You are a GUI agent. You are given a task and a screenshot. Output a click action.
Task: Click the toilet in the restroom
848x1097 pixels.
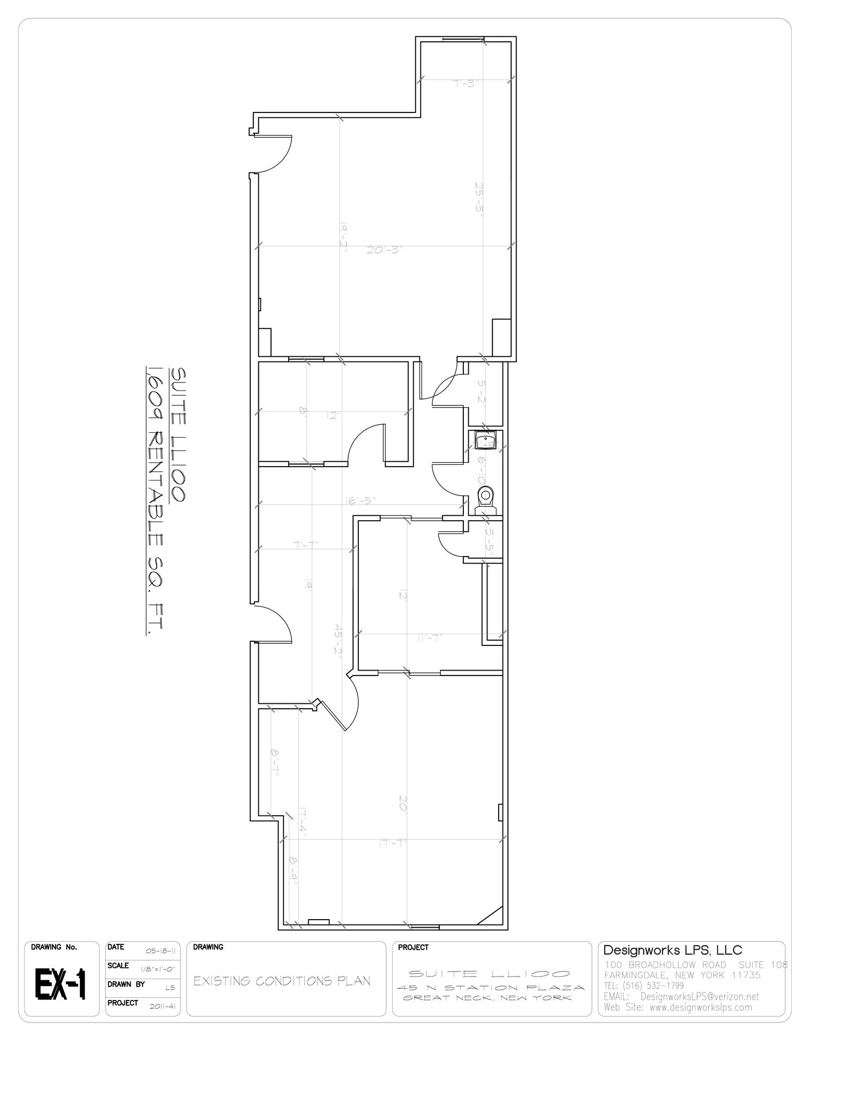(x=486, y=497)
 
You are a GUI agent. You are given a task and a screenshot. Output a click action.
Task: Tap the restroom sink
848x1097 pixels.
(x=486, y=441)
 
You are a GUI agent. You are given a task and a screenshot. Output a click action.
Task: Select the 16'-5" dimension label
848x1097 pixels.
(x=361, y=500)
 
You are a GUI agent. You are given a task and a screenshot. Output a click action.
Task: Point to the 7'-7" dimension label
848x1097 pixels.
(x=306, y=544)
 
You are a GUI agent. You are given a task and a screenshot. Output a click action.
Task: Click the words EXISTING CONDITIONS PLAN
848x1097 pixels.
(x=282, y=981)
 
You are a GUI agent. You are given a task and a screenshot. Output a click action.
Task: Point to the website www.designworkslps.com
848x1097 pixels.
(x=700, y=1008)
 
